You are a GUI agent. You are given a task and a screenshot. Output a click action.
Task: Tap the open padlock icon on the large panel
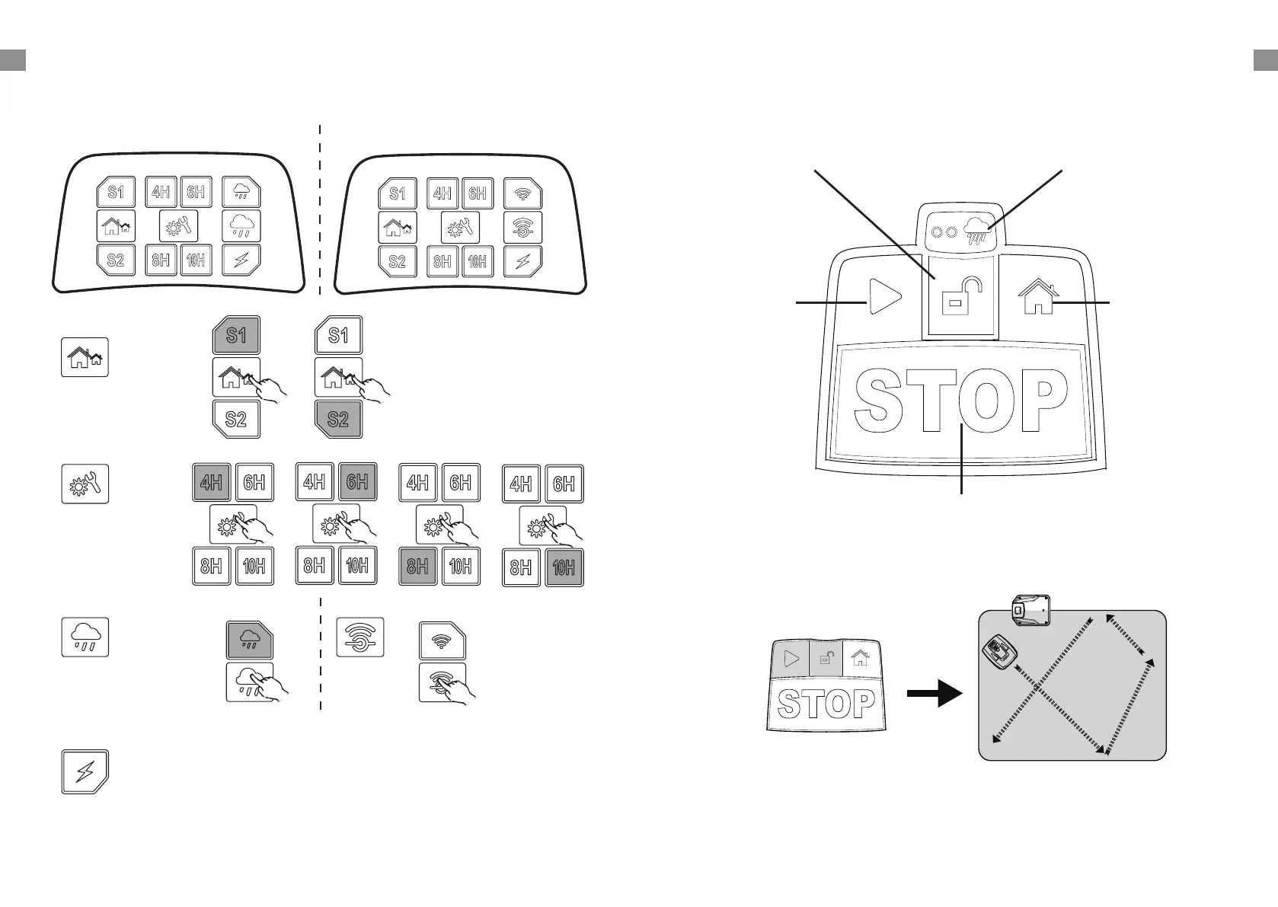click(960, 297)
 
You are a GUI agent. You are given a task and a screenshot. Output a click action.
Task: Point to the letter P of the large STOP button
click(1040, 401)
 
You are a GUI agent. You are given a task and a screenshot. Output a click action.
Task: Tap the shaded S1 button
click(236, 336)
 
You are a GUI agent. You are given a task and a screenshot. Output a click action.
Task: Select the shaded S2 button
click(338, 419)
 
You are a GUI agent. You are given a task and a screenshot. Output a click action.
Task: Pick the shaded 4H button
click(211, 482)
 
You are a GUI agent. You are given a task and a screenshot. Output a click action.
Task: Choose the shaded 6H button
click(357, 482)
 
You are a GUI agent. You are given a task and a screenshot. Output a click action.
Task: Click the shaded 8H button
click(418, 566)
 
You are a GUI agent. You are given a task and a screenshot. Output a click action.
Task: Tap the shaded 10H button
click(564, 567)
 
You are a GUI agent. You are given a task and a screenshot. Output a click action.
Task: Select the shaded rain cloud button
click(250, 640)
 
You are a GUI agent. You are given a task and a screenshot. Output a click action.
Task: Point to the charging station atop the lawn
click(1031, 611)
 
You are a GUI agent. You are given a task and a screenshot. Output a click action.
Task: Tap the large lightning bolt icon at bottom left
click(85, 773)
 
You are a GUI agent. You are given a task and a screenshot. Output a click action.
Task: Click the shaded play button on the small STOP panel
click(791, 658)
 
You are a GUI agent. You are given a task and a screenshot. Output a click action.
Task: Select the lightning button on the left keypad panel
click(241, 260)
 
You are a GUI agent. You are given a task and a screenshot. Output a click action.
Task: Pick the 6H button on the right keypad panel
click(478, 193)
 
